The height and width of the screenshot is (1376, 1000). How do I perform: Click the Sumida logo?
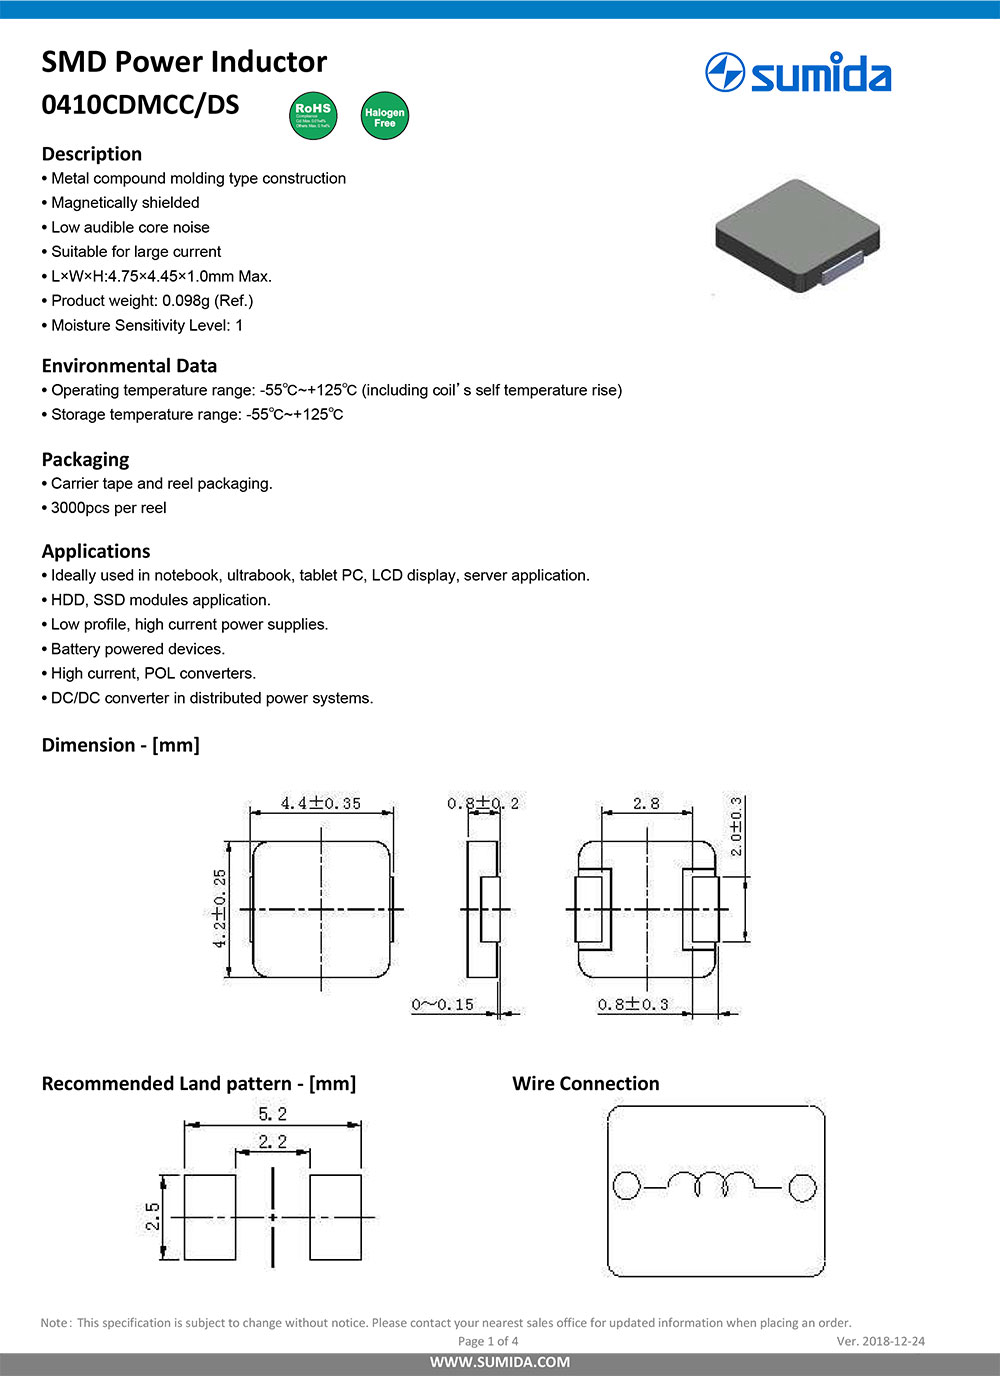point(798,73)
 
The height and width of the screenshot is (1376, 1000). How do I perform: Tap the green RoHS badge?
point(313,116)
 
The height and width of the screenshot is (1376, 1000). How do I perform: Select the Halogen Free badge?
point(384,116)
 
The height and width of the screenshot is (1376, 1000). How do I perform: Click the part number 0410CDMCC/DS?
point(140,105)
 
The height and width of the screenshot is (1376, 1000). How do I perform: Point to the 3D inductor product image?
point(796,236)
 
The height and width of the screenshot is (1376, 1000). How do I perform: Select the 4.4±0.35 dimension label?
point(320,803)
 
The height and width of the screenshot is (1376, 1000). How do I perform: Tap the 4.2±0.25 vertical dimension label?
point(220,908)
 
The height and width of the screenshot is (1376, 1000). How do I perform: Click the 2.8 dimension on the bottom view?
point(646,803)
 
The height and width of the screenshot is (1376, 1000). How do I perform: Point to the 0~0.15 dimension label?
point(442,1004)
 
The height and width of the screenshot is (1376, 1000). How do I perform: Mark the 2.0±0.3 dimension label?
point(736,826)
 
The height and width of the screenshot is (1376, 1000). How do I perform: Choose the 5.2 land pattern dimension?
point(272,1114)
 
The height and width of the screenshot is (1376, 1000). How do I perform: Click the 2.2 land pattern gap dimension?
point(272,1142)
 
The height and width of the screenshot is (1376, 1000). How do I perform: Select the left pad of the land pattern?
point(210,1217)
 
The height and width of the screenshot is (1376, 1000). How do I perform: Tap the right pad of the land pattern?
point(335,1217)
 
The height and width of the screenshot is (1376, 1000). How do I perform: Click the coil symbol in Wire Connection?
point(712,1185)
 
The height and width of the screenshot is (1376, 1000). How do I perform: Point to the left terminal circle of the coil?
point(626,1186)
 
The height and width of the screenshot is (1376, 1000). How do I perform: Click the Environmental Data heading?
point(129,366)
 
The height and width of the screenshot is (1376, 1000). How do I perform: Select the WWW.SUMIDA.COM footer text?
point(500,1362)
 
